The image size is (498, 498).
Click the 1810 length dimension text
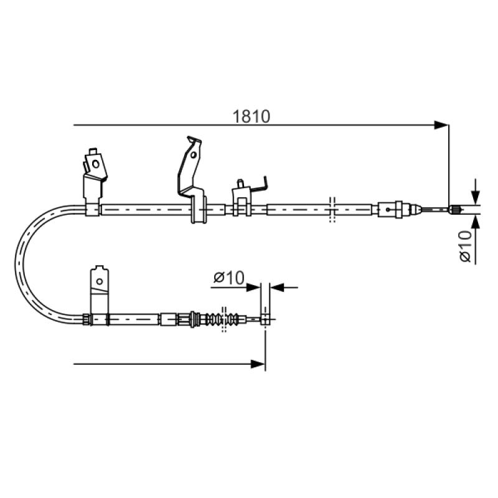point(251,116)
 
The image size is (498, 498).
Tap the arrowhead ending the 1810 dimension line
point(441,125)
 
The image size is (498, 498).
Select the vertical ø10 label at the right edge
point(465,246)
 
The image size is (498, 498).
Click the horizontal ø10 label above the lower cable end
point(229,277)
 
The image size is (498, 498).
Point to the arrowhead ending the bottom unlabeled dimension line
point(258,364)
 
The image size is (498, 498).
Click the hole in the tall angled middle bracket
point(193,154)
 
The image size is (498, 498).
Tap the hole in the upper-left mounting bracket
point(95,164)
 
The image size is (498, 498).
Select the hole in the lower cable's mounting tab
point(100,281)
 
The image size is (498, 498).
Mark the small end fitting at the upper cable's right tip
point(454,209)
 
